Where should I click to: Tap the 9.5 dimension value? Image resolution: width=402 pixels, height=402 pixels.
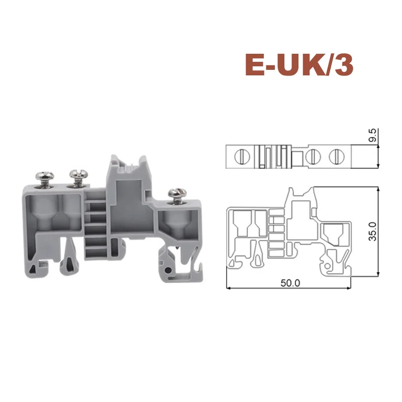(x=372, y=137)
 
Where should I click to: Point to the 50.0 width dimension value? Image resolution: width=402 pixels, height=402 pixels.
(x=290, y=282)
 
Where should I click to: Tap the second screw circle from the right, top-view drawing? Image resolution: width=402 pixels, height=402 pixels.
(x=312, y=156)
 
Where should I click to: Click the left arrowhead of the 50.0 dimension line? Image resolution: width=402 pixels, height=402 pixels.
(x=229, y=289)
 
